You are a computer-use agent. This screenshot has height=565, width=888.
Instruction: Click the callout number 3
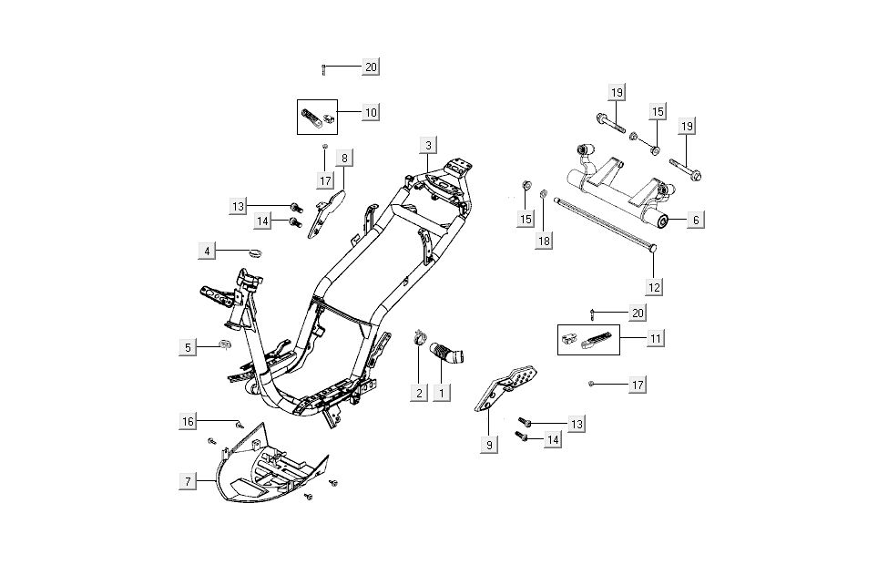click(x=428, y=145)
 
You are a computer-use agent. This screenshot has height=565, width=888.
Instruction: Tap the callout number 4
click(x=208, y=251)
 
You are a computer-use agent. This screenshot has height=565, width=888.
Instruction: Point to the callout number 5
click(x=188, y=347)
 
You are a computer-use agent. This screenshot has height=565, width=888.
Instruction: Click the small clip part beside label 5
click(x=224, y=345)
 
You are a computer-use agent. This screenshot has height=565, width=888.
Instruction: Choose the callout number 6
click(x=694, y=220)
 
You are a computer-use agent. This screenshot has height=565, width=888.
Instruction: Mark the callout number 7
click(x=188, y=479)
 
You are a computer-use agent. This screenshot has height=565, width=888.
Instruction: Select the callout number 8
click(x=344, y=158)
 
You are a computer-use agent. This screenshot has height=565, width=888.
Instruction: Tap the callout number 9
click(x=489, y=445)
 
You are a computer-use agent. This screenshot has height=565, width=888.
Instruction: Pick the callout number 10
click(x=370, y=112)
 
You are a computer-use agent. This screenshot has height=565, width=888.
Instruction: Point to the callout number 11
click(x=655, y=338)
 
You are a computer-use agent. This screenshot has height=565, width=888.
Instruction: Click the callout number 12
click(x=654, y=286)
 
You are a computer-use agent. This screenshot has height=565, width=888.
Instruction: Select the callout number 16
click(x=188, y=421)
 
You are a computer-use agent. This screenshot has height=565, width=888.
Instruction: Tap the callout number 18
click(x=544, y=241)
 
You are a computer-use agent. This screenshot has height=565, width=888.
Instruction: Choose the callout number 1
click(x=443, y=393)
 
